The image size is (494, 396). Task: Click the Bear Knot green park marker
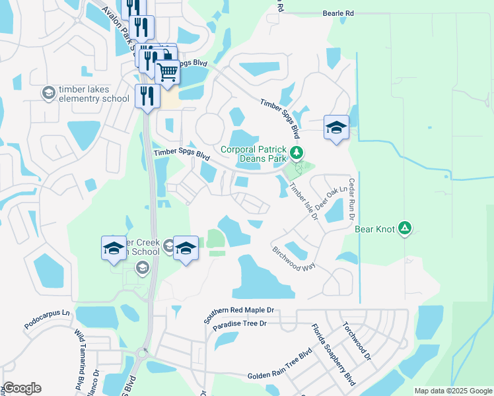pos(406,229)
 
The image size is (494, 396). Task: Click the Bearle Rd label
pos(339,13)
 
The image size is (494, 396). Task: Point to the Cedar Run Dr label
pos(352,199)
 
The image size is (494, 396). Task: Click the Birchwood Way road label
pos(294,259)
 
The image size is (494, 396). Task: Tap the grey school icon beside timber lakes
pos(48,93)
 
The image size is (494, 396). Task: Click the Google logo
pos(22,388)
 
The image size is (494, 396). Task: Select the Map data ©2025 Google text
pos(452,391)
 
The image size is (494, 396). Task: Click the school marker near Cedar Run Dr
pos(336,127)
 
